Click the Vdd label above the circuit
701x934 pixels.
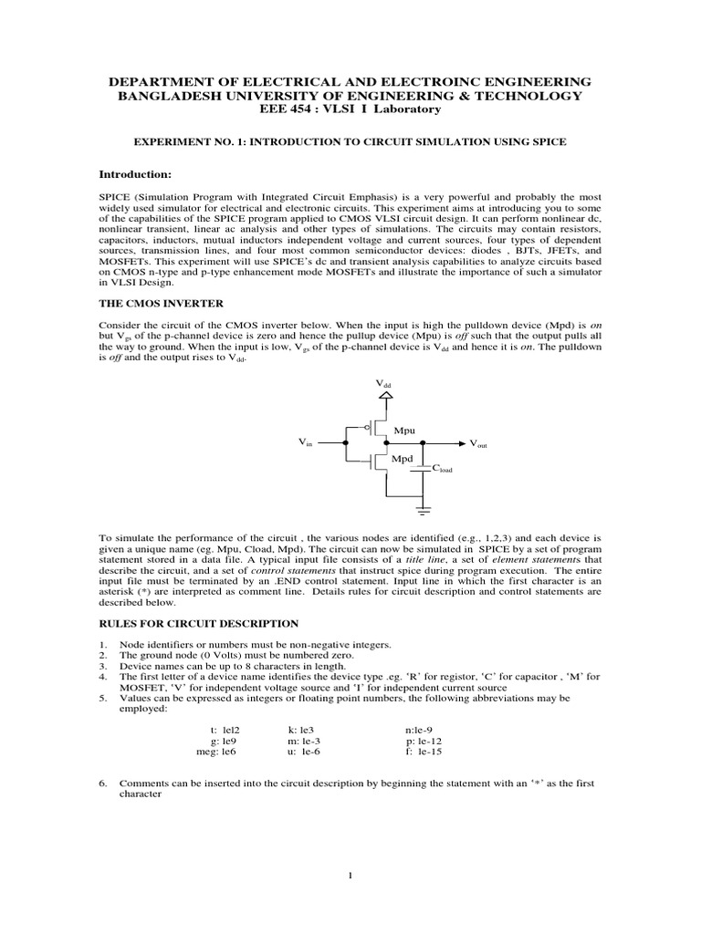click(x=383, y=386)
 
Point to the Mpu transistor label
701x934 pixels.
click(x=403, y=429)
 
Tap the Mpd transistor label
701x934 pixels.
click(x=403, y=459)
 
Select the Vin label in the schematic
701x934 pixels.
click(x=305, y=442)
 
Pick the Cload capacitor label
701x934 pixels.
click(x=443, y=469)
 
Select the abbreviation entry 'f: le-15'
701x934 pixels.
click(x=424, y=752)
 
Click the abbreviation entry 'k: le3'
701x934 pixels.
click(x=300, y=731)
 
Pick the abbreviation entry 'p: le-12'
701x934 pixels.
click(x=424, y=742)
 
